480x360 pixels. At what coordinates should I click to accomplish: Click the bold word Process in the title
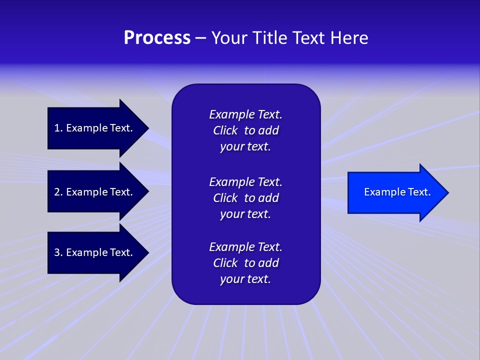point(157,38)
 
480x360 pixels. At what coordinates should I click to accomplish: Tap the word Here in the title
point(349,38)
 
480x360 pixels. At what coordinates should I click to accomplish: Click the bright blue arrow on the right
point(395,192)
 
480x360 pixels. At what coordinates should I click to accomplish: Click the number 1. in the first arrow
point(58,128)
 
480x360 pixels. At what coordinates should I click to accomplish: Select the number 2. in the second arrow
point(58,192)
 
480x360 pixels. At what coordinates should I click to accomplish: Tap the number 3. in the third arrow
point(58,252)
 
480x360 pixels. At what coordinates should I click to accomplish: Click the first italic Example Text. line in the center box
point(245,114)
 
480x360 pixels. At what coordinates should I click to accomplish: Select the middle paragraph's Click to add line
point(245,198)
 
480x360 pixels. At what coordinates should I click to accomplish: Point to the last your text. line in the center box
point(245,279)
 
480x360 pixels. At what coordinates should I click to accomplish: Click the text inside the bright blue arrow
point(397,192)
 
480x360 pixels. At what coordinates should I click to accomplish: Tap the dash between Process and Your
point(200,38)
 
